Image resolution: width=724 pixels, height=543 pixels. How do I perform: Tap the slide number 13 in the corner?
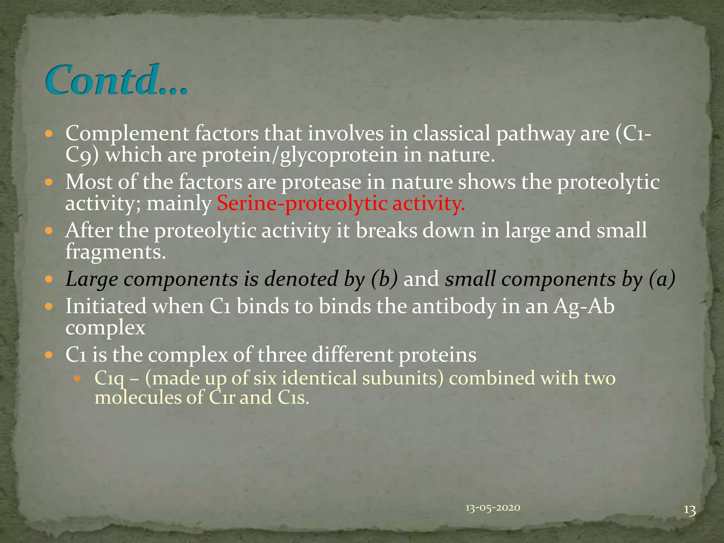pos(690,510)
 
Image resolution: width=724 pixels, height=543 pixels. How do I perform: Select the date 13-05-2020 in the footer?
pos(493,508)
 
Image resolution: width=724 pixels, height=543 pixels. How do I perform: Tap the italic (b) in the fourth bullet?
pos(384,279)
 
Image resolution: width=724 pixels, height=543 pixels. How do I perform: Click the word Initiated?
pos(106,306)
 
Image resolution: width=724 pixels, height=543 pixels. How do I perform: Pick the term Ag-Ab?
pos(584,306)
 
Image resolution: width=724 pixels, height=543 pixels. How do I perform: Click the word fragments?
pos(116,252)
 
